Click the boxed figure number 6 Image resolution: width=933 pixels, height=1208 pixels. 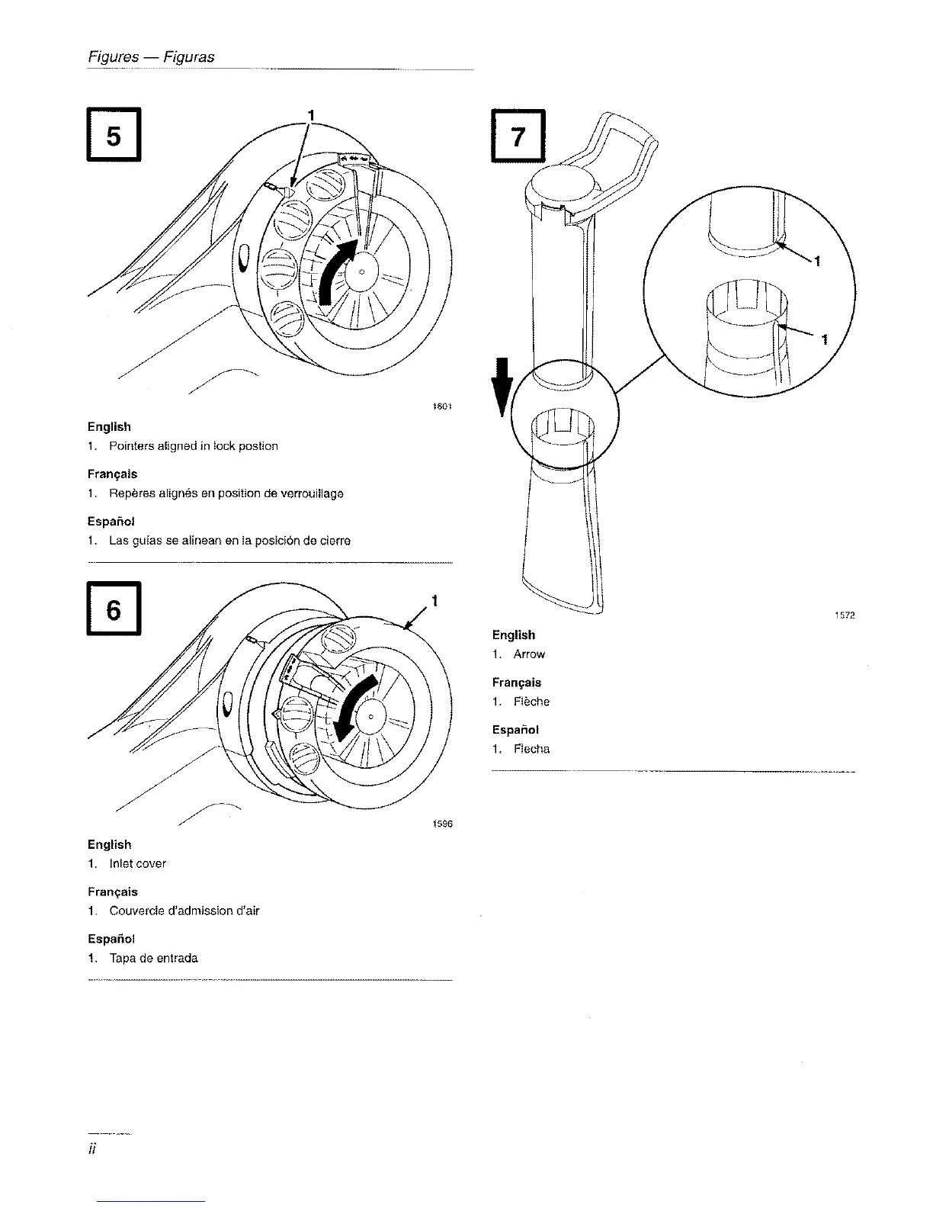click(x=114, y=609)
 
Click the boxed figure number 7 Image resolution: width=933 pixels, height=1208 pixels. click(x=518, y=136)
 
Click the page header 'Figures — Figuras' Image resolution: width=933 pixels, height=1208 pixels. click(x=150, y=57)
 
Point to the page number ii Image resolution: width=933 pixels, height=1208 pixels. click(x=91, y=1149)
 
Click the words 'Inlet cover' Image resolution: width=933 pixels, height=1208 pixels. click(x=137, y=864)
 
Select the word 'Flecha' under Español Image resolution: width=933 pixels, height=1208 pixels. click(x=531, y=749)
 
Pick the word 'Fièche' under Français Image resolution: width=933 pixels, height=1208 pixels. click(x=531, y=702)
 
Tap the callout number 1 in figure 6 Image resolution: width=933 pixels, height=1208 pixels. click(x=434, y=601)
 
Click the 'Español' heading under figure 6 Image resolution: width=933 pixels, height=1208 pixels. click(x=111, y=939)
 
